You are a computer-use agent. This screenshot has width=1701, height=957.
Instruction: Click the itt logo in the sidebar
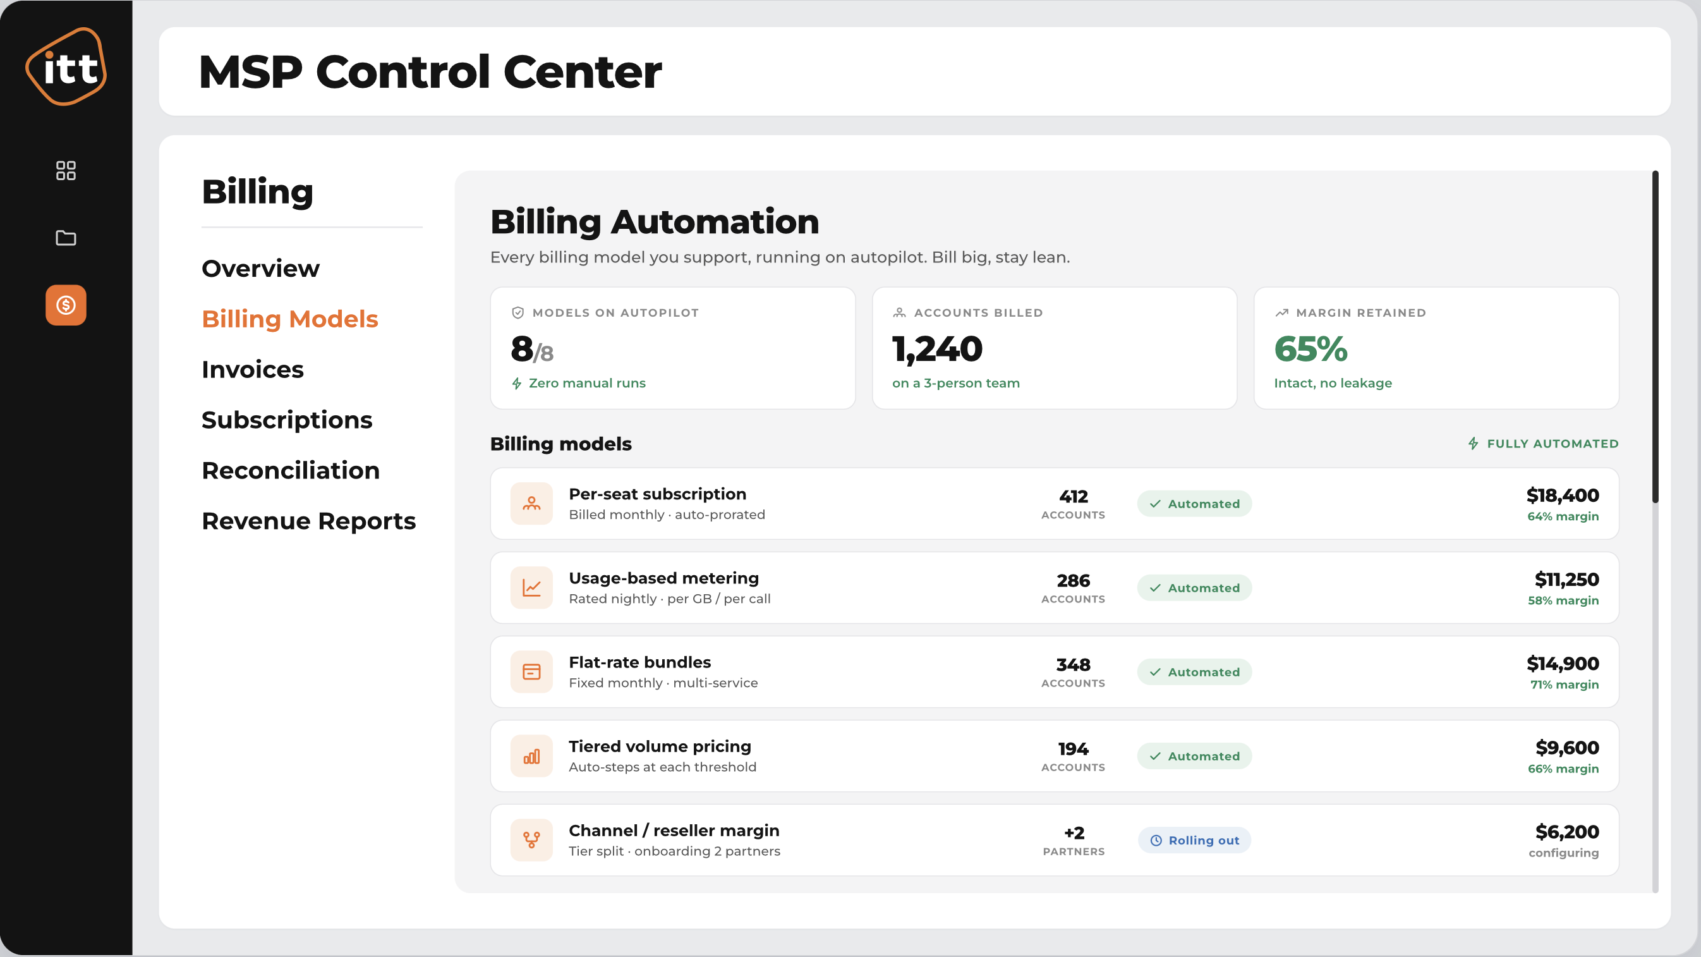66,66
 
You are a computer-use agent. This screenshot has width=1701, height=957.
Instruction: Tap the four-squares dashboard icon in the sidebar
66,171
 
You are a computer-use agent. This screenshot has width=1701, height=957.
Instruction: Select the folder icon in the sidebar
66,238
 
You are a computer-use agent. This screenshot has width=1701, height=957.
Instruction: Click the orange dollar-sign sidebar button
66,305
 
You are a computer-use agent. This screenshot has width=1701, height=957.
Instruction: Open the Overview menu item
260,269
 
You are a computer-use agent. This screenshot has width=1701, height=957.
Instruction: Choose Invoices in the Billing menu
252,370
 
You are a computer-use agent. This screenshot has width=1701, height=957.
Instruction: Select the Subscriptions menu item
287,420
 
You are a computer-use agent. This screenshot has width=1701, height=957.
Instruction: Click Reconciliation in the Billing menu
291,471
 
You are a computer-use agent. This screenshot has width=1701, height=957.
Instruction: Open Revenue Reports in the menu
308,521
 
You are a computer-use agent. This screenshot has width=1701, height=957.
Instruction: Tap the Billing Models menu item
290,320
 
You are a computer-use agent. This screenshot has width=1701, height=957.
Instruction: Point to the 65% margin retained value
1310,349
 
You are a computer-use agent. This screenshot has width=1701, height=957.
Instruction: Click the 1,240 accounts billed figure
937,350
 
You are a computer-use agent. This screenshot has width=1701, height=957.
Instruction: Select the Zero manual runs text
587,383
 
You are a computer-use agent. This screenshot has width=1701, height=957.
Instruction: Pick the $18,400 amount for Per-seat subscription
1563,496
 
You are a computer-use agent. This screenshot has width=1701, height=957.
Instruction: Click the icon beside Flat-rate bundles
531,672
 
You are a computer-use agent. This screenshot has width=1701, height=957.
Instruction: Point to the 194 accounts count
1073,749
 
